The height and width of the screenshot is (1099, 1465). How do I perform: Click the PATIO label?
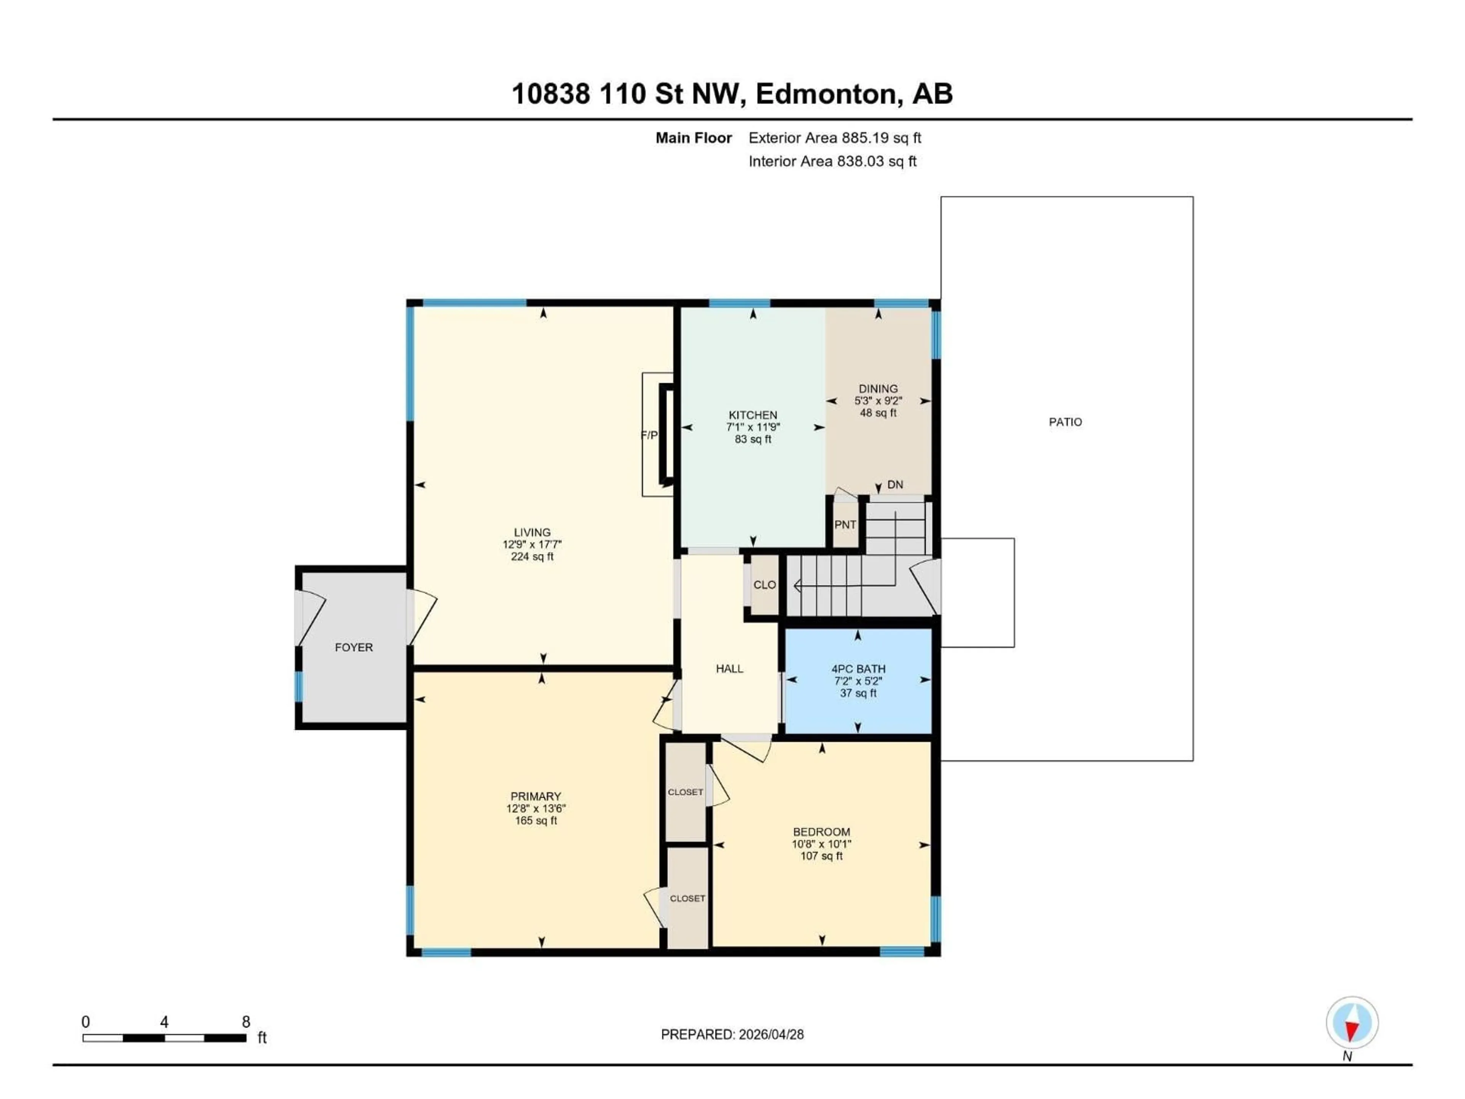1065,422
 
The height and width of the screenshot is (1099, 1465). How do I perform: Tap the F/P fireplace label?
649,435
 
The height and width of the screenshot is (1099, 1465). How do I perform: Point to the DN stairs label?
895,485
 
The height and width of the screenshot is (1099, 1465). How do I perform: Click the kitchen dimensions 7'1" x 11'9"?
753,427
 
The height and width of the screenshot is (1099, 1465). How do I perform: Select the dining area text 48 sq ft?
878,413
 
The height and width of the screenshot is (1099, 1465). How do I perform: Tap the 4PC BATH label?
858,669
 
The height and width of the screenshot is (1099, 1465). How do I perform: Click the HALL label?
729,669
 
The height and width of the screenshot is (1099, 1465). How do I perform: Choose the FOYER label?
354,647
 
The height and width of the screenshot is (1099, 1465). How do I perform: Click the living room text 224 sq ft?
532,556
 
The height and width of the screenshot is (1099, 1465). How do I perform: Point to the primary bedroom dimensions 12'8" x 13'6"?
536,808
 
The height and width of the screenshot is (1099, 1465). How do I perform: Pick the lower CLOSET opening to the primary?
687,898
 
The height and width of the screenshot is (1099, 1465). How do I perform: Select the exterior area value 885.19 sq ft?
881,138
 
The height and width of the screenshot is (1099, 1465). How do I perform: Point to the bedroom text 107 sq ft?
821,856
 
